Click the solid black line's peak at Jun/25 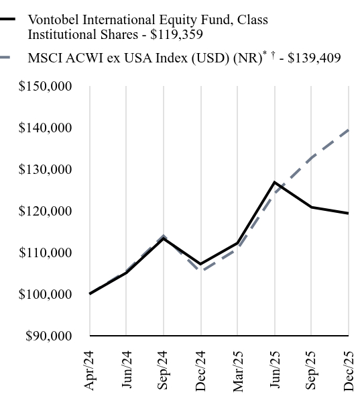275,182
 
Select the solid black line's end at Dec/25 348,214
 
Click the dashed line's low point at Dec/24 201,271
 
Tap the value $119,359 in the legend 176,34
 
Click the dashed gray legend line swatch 8,58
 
